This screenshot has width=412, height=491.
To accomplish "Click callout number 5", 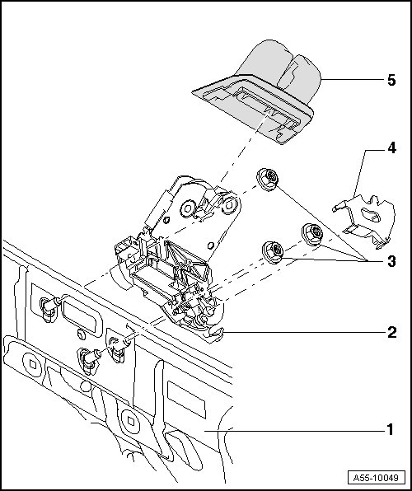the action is point(391,80).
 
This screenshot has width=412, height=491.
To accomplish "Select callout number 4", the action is point(391,147).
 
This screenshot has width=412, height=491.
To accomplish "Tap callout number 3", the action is point(391,261).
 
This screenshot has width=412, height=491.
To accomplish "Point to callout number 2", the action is point(391,332).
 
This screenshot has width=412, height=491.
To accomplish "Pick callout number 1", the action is point(391,430).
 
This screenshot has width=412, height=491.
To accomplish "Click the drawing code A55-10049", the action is point(376,478).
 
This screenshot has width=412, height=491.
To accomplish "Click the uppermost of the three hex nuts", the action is point(268,180).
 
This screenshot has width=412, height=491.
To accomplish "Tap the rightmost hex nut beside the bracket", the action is point(312,234).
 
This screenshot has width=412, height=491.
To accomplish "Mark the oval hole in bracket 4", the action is point(371,214).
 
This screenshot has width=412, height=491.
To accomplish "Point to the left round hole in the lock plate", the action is point(189,208).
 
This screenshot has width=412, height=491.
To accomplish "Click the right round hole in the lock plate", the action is point(230,205).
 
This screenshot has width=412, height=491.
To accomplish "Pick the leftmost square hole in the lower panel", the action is point(33,363).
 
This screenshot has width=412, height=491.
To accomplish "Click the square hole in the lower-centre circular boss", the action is point(131,421).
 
